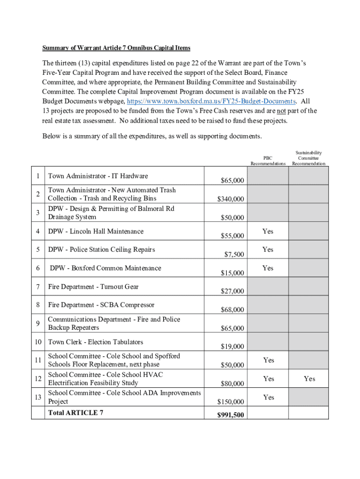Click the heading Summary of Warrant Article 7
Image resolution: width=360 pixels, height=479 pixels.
116,48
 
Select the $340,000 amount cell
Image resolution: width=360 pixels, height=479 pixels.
230,199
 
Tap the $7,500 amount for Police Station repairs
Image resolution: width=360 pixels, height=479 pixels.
234,254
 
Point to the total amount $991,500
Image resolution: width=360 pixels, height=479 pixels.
230,414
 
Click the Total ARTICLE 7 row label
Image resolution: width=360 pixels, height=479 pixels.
76,413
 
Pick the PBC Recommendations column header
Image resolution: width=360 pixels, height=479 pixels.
268,161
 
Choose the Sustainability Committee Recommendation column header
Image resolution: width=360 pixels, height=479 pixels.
309,158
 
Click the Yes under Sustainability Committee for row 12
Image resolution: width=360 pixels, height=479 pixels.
309,379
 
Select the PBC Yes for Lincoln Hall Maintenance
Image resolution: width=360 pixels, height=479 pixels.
268,232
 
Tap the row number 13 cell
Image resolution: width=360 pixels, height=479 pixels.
37,398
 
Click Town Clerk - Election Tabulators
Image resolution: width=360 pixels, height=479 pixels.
95,342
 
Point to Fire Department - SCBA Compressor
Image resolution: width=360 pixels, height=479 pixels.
101,305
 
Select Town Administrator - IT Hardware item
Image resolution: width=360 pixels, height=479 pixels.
98,176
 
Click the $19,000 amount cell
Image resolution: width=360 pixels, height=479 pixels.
232,347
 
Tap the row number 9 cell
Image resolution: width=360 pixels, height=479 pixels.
37,324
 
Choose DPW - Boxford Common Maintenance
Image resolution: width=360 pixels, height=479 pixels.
105,269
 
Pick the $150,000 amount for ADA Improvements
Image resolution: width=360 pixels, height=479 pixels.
230,402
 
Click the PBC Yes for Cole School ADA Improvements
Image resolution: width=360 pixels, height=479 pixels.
268,398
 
